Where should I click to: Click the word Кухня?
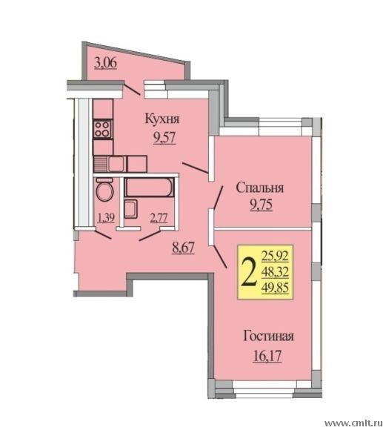point(162,119)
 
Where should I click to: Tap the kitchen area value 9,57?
point(164,137)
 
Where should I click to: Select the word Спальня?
point(260,188)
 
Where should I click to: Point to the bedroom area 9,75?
point(261,205)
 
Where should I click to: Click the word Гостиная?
point(268,336)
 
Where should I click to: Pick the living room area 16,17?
point(267,356)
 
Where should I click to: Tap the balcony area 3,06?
point(105,63)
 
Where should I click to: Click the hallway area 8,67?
point(183,248)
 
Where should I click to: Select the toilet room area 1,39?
point(106,218)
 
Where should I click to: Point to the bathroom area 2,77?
point(159,218)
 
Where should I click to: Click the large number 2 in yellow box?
point(249,272)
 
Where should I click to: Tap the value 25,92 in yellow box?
point(275,256)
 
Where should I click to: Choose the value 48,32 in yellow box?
point(275,272)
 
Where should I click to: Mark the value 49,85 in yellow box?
point(275,288)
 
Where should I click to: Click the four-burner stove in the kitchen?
point(103,129)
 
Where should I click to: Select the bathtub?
point(150,187)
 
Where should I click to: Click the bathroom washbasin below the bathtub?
point(130,208)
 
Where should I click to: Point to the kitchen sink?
point(117,164)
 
